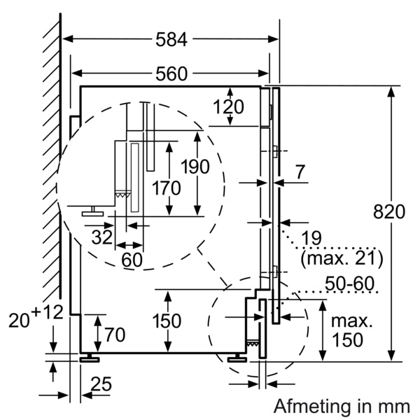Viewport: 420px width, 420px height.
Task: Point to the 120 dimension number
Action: [x=228, y=107]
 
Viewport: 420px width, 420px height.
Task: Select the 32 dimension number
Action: [x=102, y=237]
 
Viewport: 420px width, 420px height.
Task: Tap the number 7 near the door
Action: [x=300, y=170]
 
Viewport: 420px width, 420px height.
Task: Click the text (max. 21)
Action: [x=342, y=259]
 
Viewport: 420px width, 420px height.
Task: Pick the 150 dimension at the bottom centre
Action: [x=166, y=321]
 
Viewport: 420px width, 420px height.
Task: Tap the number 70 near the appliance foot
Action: [x=114, y=333]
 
